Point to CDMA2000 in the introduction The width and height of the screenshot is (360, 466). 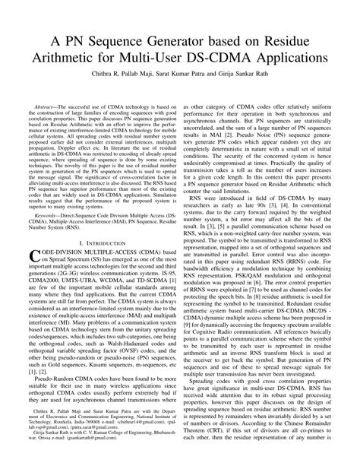pos(43,303)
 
